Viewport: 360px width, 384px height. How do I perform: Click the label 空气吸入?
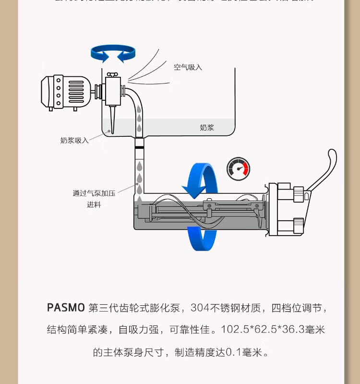[x=188, y=67]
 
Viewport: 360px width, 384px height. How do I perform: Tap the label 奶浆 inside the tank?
[x=206, y=128]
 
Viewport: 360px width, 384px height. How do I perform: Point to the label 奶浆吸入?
[x=74, y=141]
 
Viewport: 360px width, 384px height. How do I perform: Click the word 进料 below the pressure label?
[x=94, y=205]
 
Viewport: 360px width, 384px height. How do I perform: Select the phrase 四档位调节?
[x=295, y=308]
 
